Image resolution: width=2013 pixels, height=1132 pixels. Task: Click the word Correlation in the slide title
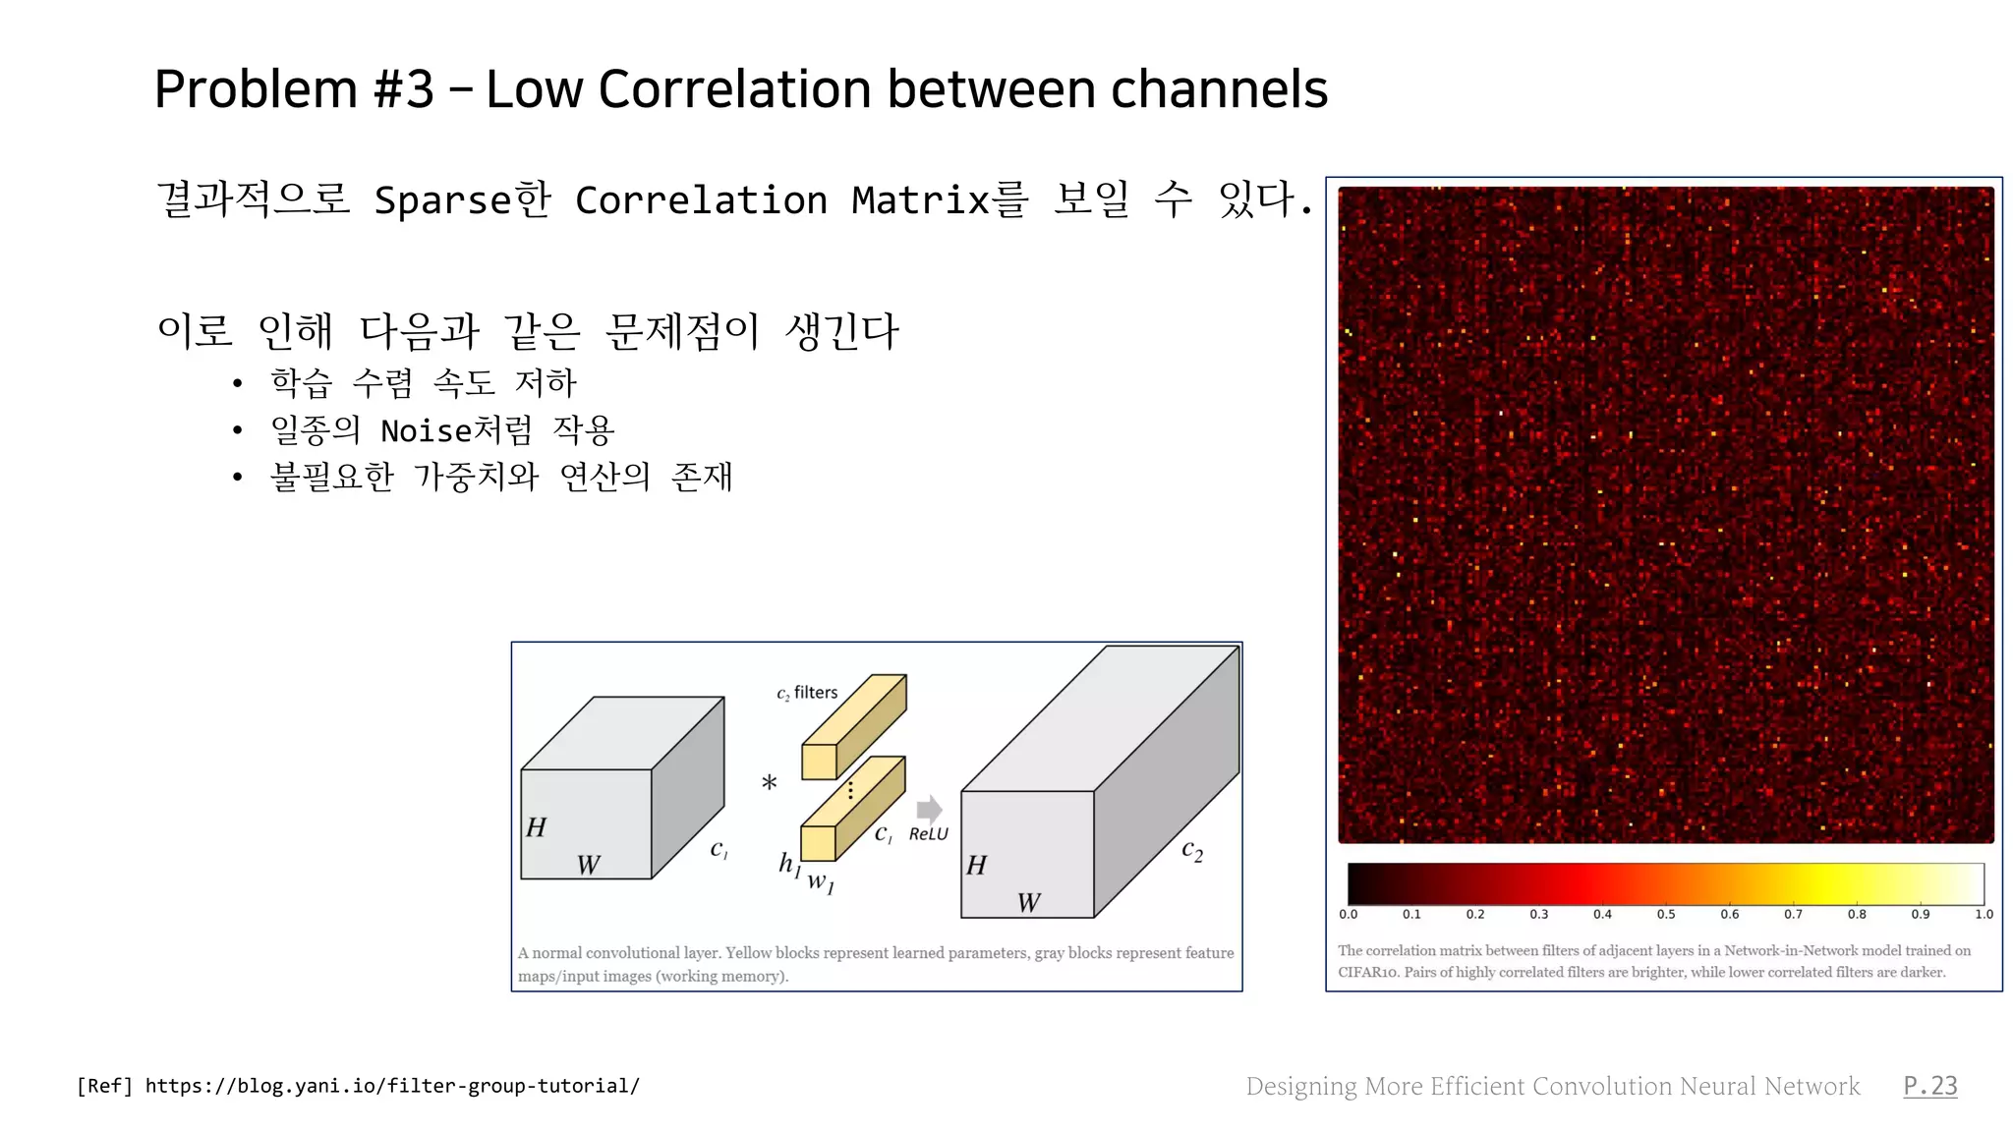[x=735, y=89]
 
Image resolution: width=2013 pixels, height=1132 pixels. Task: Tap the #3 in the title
[x=403, y=89]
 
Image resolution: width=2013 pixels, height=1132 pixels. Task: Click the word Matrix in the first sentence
[x=920, y=200]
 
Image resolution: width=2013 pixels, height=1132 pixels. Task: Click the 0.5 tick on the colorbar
[x=1666, y=914]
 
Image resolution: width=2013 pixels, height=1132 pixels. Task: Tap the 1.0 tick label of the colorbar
[x=1984, y=914]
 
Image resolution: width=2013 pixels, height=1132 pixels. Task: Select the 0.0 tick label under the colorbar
[x=1349, y=914]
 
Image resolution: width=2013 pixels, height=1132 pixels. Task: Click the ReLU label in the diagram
[x=928, y=834]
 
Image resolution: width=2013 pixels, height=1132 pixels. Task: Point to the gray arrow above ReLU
[x=929, y=810]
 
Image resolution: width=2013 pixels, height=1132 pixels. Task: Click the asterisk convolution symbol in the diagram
[x=769, y=783]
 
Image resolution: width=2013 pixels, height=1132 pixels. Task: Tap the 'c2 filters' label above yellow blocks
[x=807, y=693]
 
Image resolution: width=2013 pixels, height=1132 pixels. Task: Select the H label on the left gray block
[x=536, y=827]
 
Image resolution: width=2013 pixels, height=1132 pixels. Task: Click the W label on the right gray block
[x=1028, y=903]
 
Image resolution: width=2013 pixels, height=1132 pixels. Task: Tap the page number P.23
[x=1929, y=1086]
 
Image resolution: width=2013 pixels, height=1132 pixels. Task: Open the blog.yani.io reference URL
[x=392, y=1086]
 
